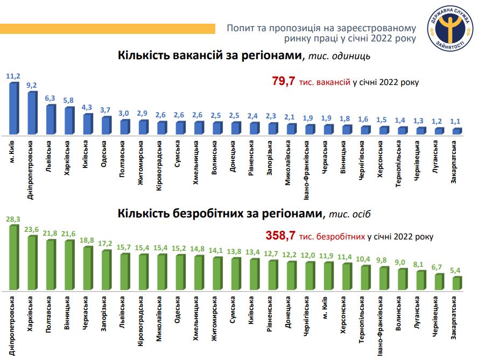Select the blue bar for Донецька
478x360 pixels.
(x=235, y=128)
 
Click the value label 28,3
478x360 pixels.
(x=13, y=220)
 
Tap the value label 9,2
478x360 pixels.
(x=31, y=85)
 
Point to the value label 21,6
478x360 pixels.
(x=68, y=234)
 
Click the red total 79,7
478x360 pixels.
(x=283, y=82)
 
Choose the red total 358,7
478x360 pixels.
(x=280, y=236)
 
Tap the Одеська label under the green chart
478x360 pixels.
(x=177, y=312)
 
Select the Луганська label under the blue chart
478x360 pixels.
(x=437, y=157)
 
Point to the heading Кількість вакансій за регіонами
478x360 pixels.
(x=210, y=55)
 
